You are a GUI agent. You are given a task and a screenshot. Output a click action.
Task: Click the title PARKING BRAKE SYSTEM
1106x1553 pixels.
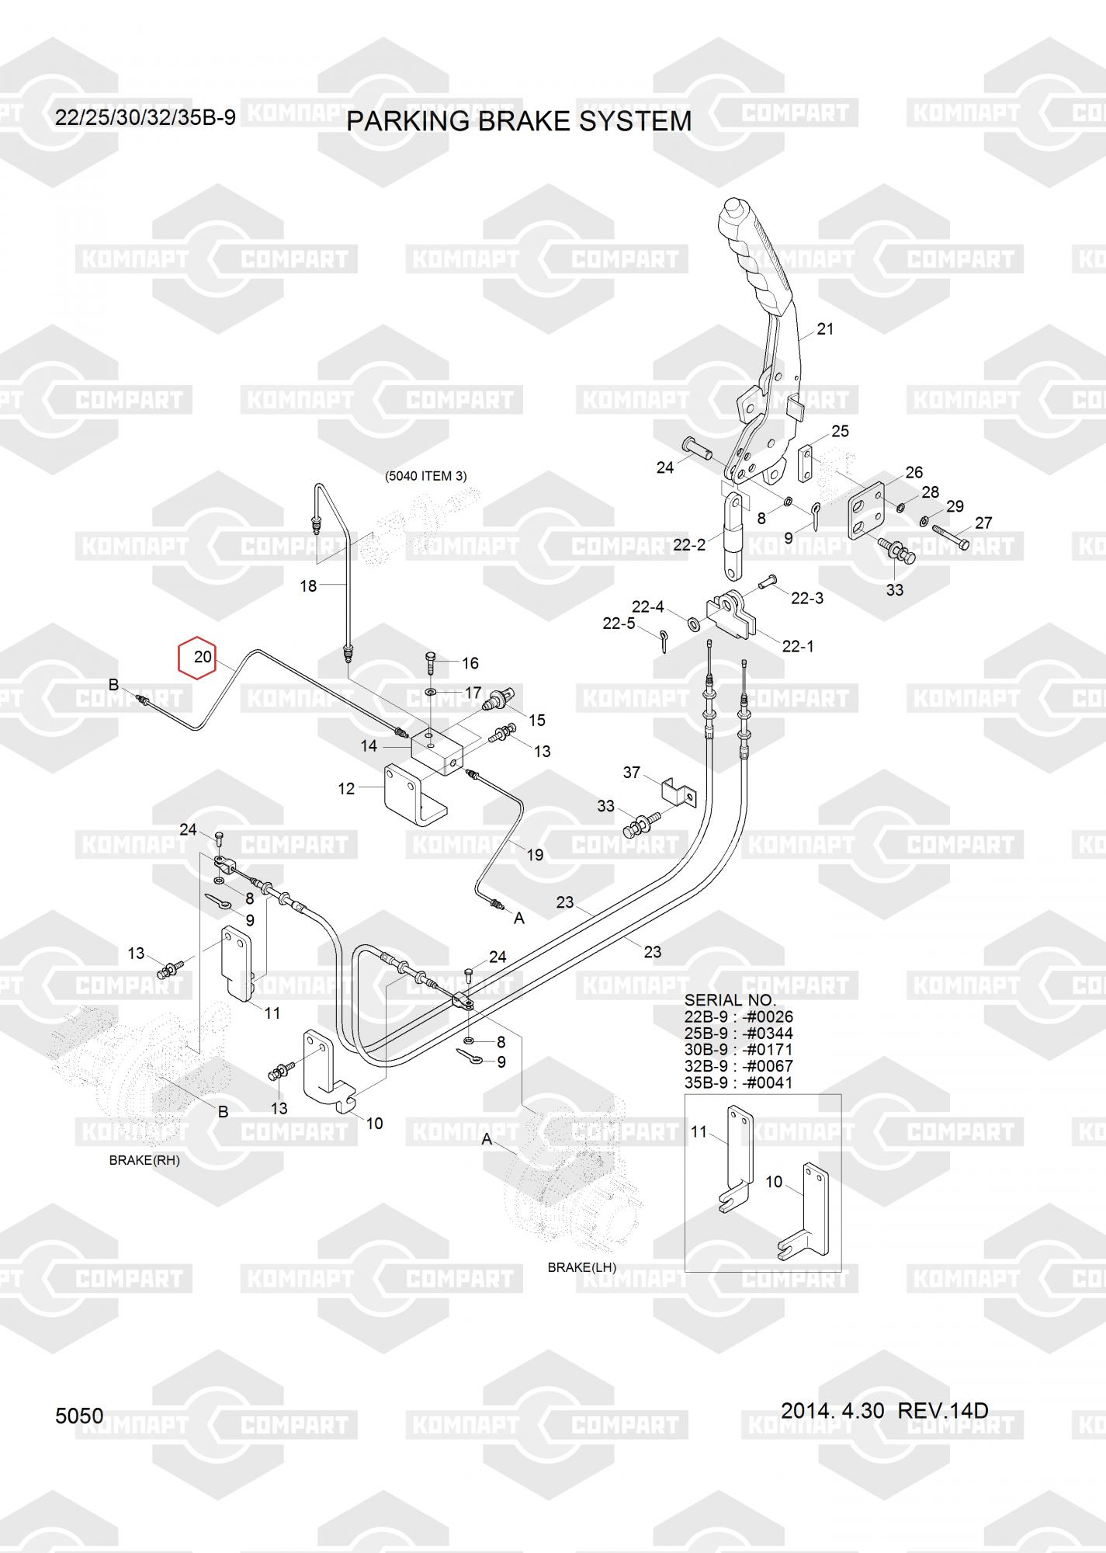(x=518, y=122)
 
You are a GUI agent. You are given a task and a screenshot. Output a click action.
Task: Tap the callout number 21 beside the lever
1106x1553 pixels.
(x=825, y=329)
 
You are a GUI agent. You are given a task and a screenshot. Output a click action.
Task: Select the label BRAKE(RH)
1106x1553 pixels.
(x=144, y=1160)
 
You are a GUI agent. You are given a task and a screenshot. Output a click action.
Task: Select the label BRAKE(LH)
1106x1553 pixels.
(x=582, y=1267)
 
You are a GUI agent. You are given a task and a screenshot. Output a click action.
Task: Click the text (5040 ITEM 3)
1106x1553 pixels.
(x=426, y=476)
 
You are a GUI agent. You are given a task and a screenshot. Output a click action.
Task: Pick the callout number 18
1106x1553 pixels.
(x=308, y=586)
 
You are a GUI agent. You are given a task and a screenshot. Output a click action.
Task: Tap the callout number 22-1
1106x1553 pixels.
(x=798, y=646)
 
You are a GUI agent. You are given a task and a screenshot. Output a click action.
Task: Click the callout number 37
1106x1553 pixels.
(x=632, y=773)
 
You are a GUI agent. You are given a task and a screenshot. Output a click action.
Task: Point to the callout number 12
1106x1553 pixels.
(x=346, y=789)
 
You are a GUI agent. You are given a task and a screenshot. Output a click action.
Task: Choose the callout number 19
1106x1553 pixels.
(x=535, y=855)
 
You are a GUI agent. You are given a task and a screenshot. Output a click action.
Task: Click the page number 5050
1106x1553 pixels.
(x=79, y=1416)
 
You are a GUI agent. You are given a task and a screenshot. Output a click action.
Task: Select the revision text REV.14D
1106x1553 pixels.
(x=943, y=1410)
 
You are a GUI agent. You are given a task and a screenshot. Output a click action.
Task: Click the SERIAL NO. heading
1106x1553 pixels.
(x=730, y=1000)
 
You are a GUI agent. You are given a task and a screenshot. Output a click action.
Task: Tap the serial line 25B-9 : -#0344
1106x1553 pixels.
(x=738, y=1034)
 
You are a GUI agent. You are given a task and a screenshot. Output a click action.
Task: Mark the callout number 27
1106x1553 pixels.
(x=983, y=523)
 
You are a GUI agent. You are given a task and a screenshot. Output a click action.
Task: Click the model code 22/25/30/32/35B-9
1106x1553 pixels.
(x=145, y=117)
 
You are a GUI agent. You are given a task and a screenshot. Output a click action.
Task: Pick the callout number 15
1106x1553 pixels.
(x=536, y=721)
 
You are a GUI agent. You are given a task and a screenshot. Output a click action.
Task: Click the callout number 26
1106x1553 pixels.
(x=914, y=472)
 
